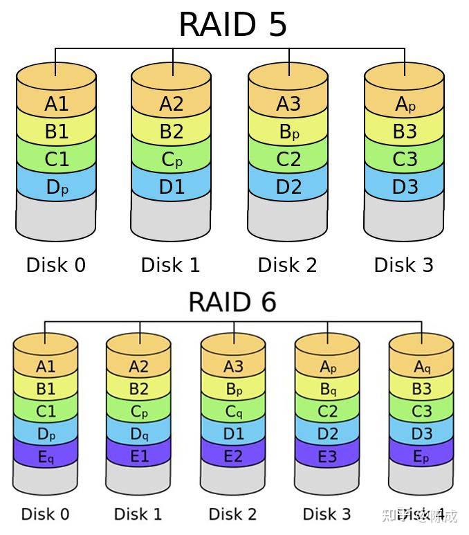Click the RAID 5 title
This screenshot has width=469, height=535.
click(x=232, y=24)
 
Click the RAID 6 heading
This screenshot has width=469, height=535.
click(x=232, y=302)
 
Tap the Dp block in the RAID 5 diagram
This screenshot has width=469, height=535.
click(x=56, y=187)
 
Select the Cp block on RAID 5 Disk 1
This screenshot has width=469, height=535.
click(x=172, y=159)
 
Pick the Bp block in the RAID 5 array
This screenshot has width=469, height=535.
click(x=288, y=132)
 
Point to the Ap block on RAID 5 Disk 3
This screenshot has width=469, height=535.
click(x=405, y=104)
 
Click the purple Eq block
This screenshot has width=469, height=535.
click(x=46, y=456)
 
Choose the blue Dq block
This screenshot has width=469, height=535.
click(x=139, y=434)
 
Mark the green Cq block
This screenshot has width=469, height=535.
click(x=233, y=412)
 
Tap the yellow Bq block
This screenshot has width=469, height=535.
click(x=327, y=389)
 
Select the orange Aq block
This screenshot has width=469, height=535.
click(x=421, y=367)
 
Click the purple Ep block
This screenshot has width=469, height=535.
click(x=421, y=456)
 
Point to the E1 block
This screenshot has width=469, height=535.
click(x=139, y=456)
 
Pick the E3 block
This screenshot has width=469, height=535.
click(x=327, y=456)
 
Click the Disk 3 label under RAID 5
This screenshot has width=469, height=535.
click(x=404, y=264)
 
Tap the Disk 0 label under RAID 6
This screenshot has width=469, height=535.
click(x=45, y=514)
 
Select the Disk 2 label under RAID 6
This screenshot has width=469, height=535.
click(x=232, y=514)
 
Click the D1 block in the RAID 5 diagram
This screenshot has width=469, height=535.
click(x=172, y=187)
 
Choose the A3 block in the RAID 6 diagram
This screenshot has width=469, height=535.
click(x=233, y=367)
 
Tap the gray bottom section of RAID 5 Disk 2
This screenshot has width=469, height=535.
click(x=288, y=220)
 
